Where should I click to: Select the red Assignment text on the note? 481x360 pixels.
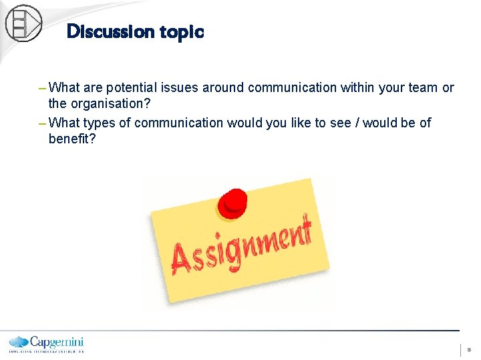point(241,245)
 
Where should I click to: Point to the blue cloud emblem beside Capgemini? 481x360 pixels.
point(19,341)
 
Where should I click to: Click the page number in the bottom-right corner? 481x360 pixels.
point(469,349)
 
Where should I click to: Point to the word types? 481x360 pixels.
point(112,123)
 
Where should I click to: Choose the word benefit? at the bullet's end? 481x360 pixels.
point(71,139)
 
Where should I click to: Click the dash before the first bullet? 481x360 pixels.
point(43,87)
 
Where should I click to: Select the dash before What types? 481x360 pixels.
point(43,123)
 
